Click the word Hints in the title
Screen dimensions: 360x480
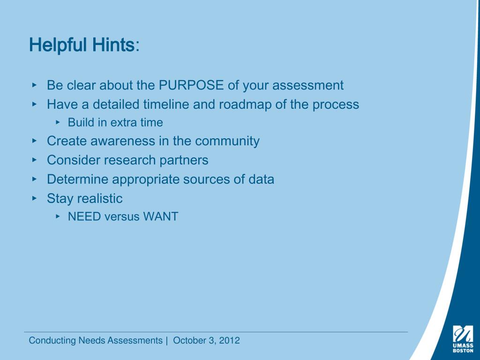[113, 45]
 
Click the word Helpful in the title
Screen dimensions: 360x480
[58, 45]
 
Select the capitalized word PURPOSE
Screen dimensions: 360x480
[191, 85]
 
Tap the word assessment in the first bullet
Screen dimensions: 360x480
[308, 85]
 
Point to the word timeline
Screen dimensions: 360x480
[166, 104]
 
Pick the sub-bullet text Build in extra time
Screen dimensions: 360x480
[115, 123]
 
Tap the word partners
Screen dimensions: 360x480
[184, 160]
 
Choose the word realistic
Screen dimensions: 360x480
[100, 199]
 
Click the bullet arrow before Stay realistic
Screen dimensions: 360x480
[34, 198]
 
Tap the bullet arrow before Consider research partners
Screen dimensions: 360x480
[34, 159]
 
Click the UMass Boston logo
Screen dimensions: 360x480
[463, 338]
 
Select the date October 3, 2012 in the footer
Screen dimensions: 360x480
[206, 341]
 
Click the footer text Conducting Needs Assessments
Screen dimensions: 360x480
[96, 341]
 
